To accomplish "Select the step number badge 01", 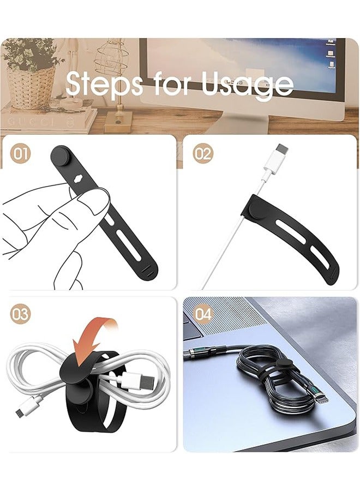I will [x=21, y=153].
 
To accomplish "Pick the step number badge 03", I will [x=21, y=314].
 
